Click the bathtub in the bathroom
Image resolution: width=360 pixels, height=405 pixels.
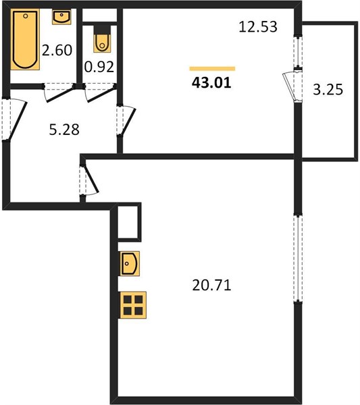click(25, 39)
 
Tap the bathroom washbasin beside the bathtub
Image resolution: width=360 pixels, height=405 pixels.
click(61, 17)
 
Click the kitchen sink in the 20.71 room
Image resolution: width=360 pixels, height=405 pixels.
click(130, 263)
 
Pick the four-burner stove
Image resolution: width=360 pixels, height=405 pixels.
click(133, 305)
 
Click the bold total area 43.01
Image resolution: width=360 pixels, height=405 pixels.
click(211, 83)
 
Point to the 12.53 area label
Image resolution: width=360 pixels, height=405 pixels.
click(258, 27)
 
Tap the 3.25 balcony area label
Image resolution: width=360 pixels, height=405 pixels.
click(328, 89)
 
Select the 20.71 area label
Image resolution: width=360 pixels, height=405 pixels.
click(211, 286)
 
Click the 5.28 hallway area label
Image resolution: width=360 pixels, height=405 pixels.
click(64, 130)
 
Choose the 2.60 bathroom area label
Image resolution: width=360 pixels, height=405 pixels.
click(57, 50)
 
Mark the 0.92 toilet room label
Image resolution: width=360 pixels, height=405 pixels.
click(99, 67)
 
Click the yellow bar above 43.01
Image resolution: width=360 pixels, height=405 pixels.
click(212, 68)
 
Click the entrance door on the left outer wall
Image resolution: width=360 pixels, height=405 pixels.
click(14, 119)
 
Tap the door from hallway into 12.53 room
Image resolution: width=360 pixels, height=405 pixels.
click(126, 120)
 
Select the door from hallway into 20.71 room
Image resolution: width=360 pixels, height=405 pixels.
click(89, 180)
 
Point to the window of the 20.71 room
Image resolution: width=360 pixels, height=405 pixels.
click(298, 259)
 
